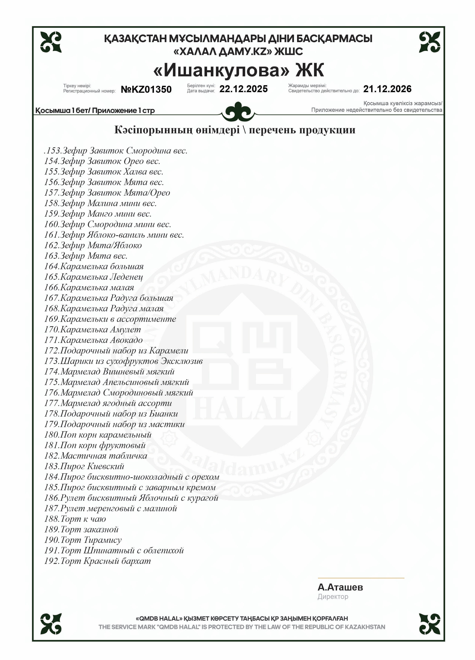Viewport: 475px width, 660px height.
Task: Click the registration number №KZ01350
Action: pyautogui.click(x=146, y=89)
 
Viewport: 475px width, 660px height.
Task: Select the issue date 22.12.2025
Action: pyautogui.click(x=243, y=89)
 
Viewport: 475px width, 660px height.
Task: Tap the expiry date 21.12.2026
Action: pyautogui.click(x=387, y=89)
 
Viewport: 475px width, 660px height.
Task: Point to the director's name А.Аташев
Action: pyautogui.click(x=340, y=587)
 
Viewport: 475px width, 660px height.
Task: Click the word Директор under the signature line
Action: pyautogui.click(x=333, y=597)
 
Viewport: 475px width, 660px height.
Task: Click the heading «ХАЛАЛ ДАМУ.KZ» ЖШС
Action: pyautogui.click(x=238, y=52)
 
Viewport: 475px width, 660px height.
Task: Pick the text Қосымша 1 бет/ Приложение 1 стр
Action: pyautogui.click(x=95, y=111)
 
